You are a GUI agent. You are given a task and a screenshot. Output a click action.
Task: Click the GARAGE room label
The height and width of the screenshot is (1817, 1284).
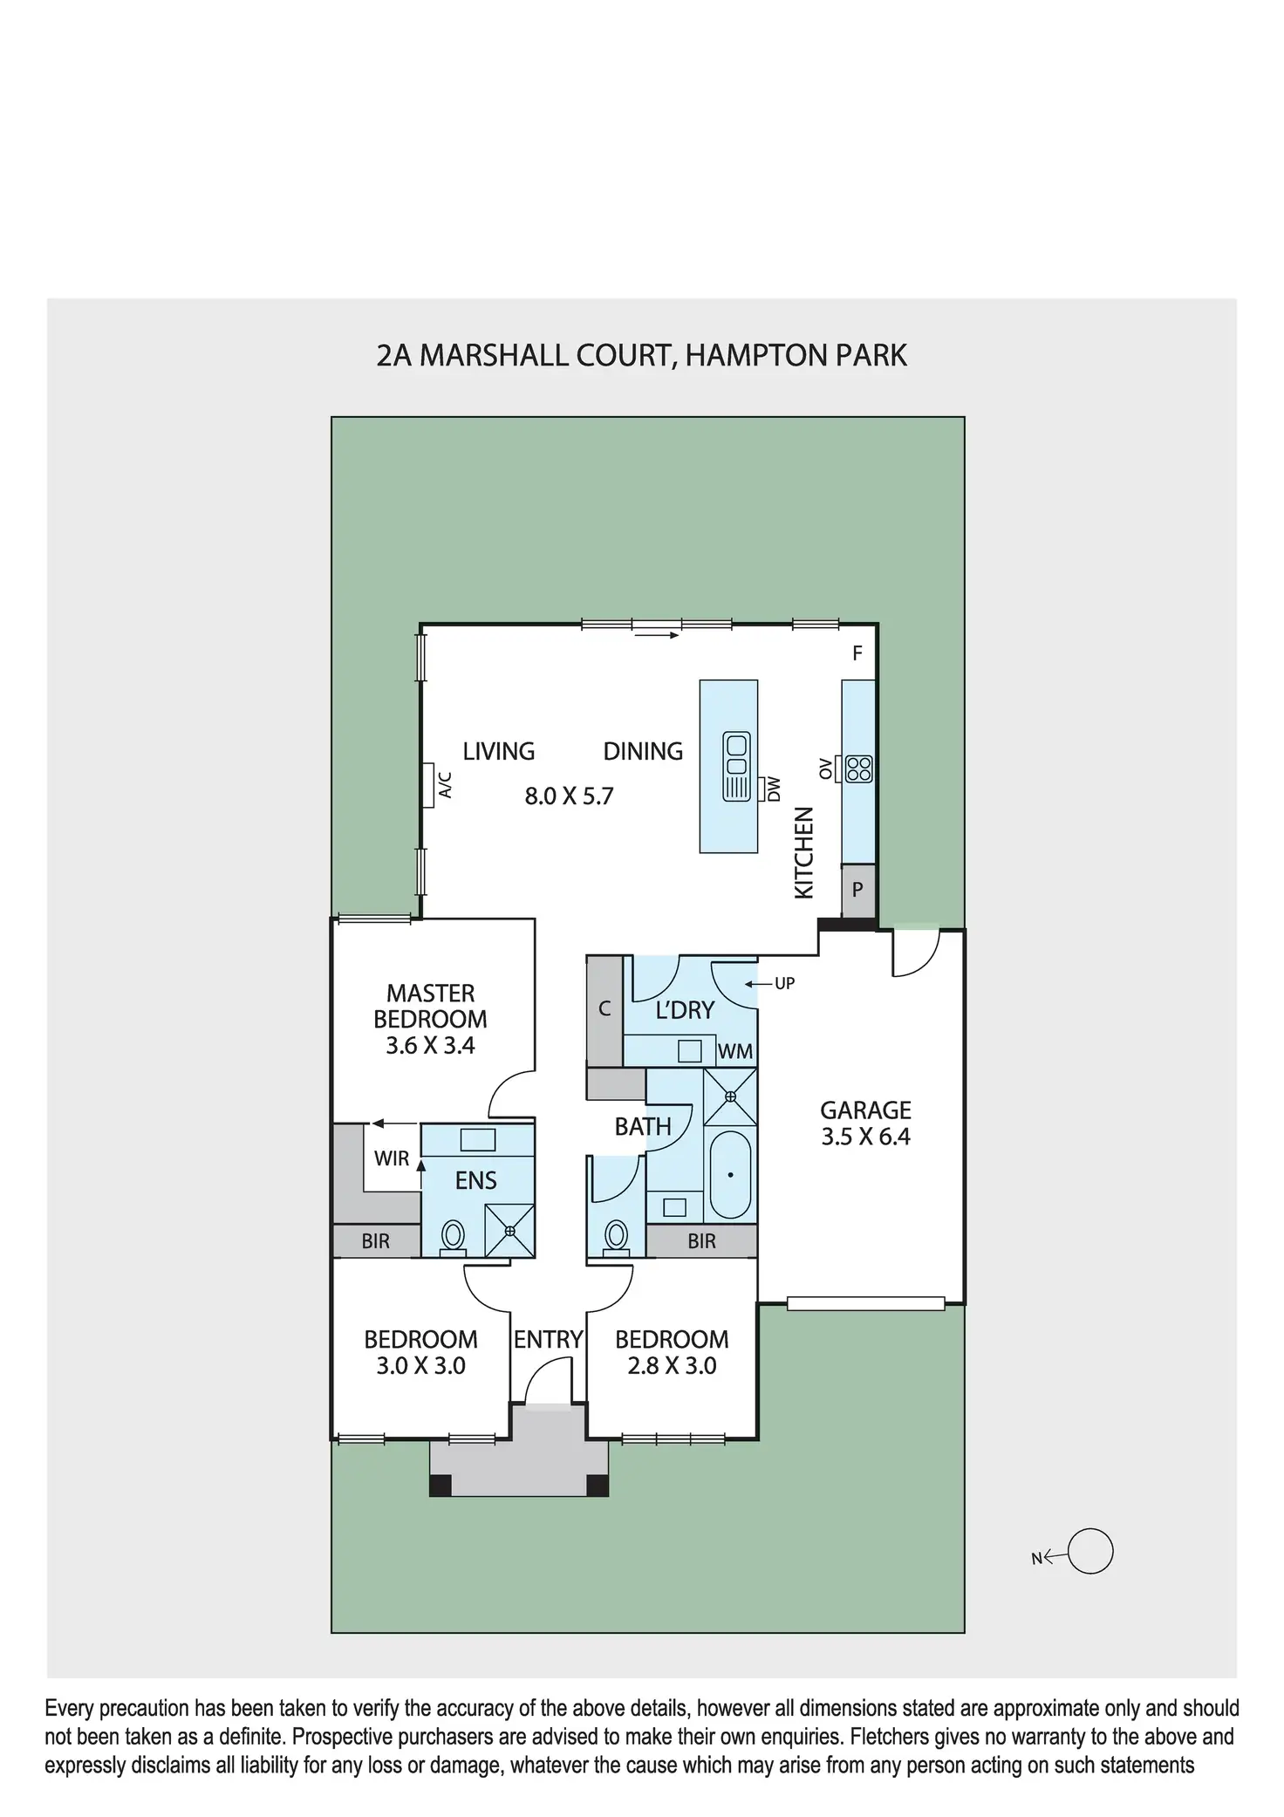[x=865, y=1110]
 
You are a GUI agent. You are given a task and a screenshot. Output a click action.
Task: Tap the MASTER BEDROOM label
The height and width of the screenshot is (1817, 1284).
[x=430, y=1006]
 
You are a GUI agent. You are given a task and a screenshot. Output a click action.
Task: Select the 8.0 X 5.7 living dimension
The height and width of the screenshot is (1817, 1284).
[x=569, y=796]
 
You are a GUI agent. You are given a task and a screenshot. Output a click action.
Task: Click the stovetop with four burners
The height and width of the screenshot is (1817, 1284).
[x=859, y=768]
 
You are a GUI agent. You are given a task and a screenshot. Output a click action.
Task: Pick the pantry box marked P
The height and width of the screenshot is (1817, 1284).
[x=857, y=891]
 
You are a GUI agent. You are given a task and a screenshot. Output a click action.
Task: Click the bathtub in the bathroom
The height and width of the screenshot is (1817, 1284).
[x=730, y=1175]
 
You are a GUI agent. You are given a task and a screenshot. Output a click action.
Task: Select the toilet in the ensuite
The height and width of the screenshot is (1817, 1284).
[x=453, y=1235]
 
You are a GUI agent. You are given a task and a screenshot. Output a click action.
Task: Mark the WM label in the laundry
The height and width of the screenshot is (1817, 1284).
[x=734, y=1052]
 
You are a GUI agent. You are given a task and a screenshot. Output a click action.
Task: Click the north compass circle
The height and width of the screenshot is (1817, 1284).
[x=1090, y=1552]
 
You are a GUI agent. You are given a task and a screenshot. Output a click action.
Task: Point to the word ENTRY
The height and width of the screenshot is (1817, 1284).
[x=548, y=1340]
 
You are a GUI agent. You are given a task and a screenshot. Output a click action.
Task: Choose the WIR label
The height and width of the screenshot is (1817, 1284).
[x=392, y=1158]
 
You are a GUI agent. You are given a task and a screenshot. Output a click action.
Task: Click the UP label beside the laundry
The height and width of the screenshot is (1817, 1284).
[x=784, y=984]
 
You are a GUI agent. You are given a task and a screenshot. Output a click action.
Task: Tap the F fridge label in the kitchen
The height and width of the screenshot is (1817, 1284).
[x=857, y=653]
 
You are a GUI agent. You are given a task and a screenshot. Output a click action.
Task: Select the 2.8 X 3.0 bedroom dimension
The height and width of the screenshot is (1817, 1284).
[x=672, y=1366]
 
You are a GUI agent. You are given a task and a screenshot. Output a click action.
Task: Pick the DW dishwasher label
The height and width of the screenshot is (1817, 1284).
[x=773, y=789]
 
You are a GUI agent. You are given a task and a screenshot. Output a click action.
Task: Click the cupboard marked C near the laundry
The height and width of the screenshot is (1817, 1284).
[x=604, y=1009]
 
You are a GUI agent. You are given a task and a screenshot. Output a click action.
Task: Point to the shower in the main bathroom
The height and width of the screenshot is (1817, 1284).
[x=730, y=1096]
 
